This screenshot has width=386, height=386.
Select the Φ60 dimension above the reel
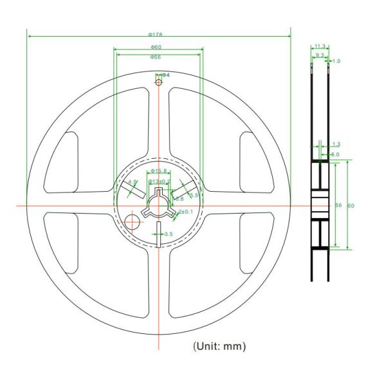(156, 47)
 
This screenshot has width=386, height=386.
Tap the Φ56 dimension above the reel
(155, 57)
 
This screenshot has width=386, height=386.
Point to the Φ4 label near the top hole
(165, 75)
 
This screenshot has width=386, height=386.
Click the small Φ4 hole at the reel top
(158, 80)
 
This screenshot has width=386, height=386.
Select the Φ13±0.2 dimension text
(160, 181)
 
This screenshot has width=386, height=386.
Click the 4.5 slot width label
(133, 183)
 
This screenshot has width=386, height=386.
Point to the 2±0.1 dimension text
(185, 212)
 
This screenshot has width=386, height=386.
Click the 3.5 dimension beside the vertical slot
(168, 234)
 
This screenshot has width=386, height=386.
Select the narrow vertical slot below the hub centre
(158, 232)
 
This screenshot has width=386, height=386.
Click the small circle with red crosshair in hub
(133, 221)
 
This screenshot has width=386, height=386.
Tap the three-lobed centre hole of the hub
(158, 205)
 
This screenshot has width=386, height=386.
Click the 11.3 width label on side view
(320, 46)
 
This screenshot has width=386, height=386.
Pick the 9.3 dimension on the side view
(320, 55)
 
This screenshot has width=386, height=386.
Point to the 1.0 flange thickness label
(336, 61)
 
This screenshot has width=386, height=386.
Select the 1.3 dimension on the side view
(336, 144)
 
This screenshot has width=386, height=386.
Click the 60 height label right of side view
(351, 205)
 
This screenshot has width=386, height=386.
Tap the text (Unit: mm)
(219, 346)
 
